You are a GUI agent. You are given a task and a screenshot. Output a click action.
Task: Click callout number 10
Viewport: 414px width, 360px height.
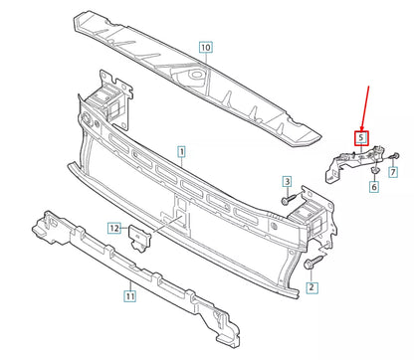click(205, 46)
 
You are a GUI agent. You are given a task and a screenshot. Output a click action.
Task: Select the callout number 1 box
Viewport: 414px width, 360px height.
click(182, 153)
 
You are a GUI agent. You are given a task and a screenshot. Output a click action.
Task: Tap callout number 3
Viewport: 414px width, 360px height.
click(286, 182)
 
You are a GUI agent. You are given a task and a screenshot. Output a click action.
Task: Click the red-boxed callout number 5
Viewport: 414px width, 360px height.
click(362, 138)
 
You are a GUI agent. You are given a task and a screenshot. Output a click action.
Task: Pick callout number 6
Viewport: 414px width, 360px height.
click(374, 186)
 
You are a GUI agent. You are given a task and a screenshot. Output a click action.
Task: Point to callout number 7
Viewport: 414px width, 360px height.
click(393, 172)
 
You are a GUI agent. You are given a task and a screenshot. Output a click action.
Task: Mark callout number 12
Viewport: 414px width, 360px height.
click(114, 229)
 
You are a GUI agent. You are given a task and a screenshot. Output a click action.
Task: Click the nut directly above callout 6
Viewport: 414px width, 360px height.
click(373, 169)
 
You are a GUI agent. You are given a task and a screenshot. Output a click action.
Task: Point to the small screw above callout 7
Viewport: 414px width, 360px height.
click(394, 157)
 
